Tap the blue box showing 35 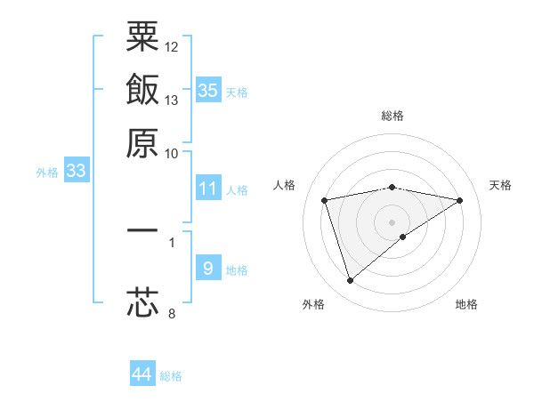click(208, 90)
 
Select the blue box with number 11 click(208, 189)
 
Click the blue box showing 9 click(208, 269)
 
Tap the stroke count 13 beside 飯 click(172, 100)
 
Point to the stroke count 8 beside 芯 click(171, 313)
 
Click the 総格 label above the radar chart click(392, 116)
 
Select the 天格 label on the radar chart click(501, 185)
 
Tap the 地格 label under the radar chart click(466, 304)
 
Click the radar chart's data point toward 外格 click(350, 281)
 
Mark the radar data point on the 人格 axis click(326, 200)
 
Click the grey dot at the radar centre click(392, 221)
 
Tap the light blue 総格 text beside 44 click(171, 376)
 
